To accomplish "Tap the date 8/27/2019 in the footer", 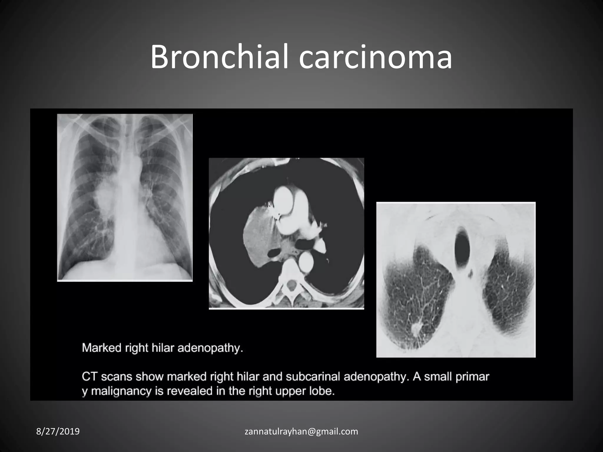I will (x=58, y=431).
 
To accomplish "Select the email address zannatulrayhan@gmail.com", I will (x=301, y=431).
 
